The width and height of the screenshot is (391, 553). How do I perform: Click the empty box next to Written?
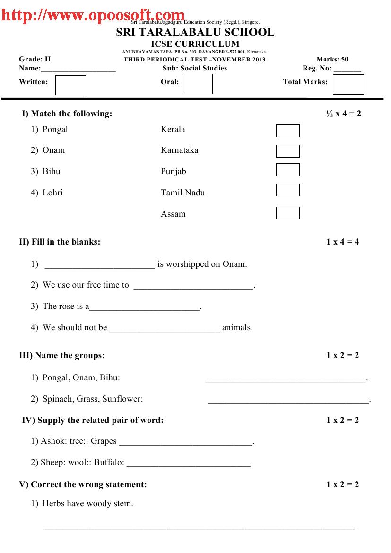[70, 85]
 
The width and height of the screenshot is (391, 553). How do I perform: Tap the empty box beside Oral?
[197, 84]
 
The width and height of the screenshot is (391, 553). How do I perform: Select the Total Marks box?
[348, 85]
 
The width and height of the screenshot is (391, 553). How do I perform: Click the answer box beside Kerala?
[287, 131]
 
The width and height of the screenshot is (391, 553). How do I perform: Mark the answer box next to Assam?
[287, 213]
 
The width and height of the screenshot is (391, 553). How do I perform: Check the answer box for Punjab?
[287, 169]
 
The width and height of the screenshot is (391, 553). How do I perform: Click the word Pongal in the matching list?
[55, 129]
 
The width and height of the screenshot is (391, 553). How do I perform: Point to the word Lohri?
[52, 193]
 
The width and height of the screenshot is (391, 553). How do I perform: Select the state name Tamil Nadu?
[182, 193]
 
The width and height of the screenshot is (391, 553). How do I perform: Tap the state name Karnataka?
[179, 150]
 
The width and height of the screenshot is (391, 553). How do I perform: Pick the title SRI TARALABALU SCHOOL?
[195, 32]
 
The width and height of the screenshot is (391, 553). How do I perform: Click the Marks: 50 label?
[332, 59]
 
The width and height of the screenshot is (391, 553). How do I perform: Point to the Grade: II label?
[35, 59]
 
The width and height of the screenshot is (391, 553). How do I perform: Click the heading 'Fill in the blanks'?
[60, 242]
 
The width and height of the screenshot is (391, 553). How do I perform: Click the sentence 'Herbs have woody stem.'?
[87, 503]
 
